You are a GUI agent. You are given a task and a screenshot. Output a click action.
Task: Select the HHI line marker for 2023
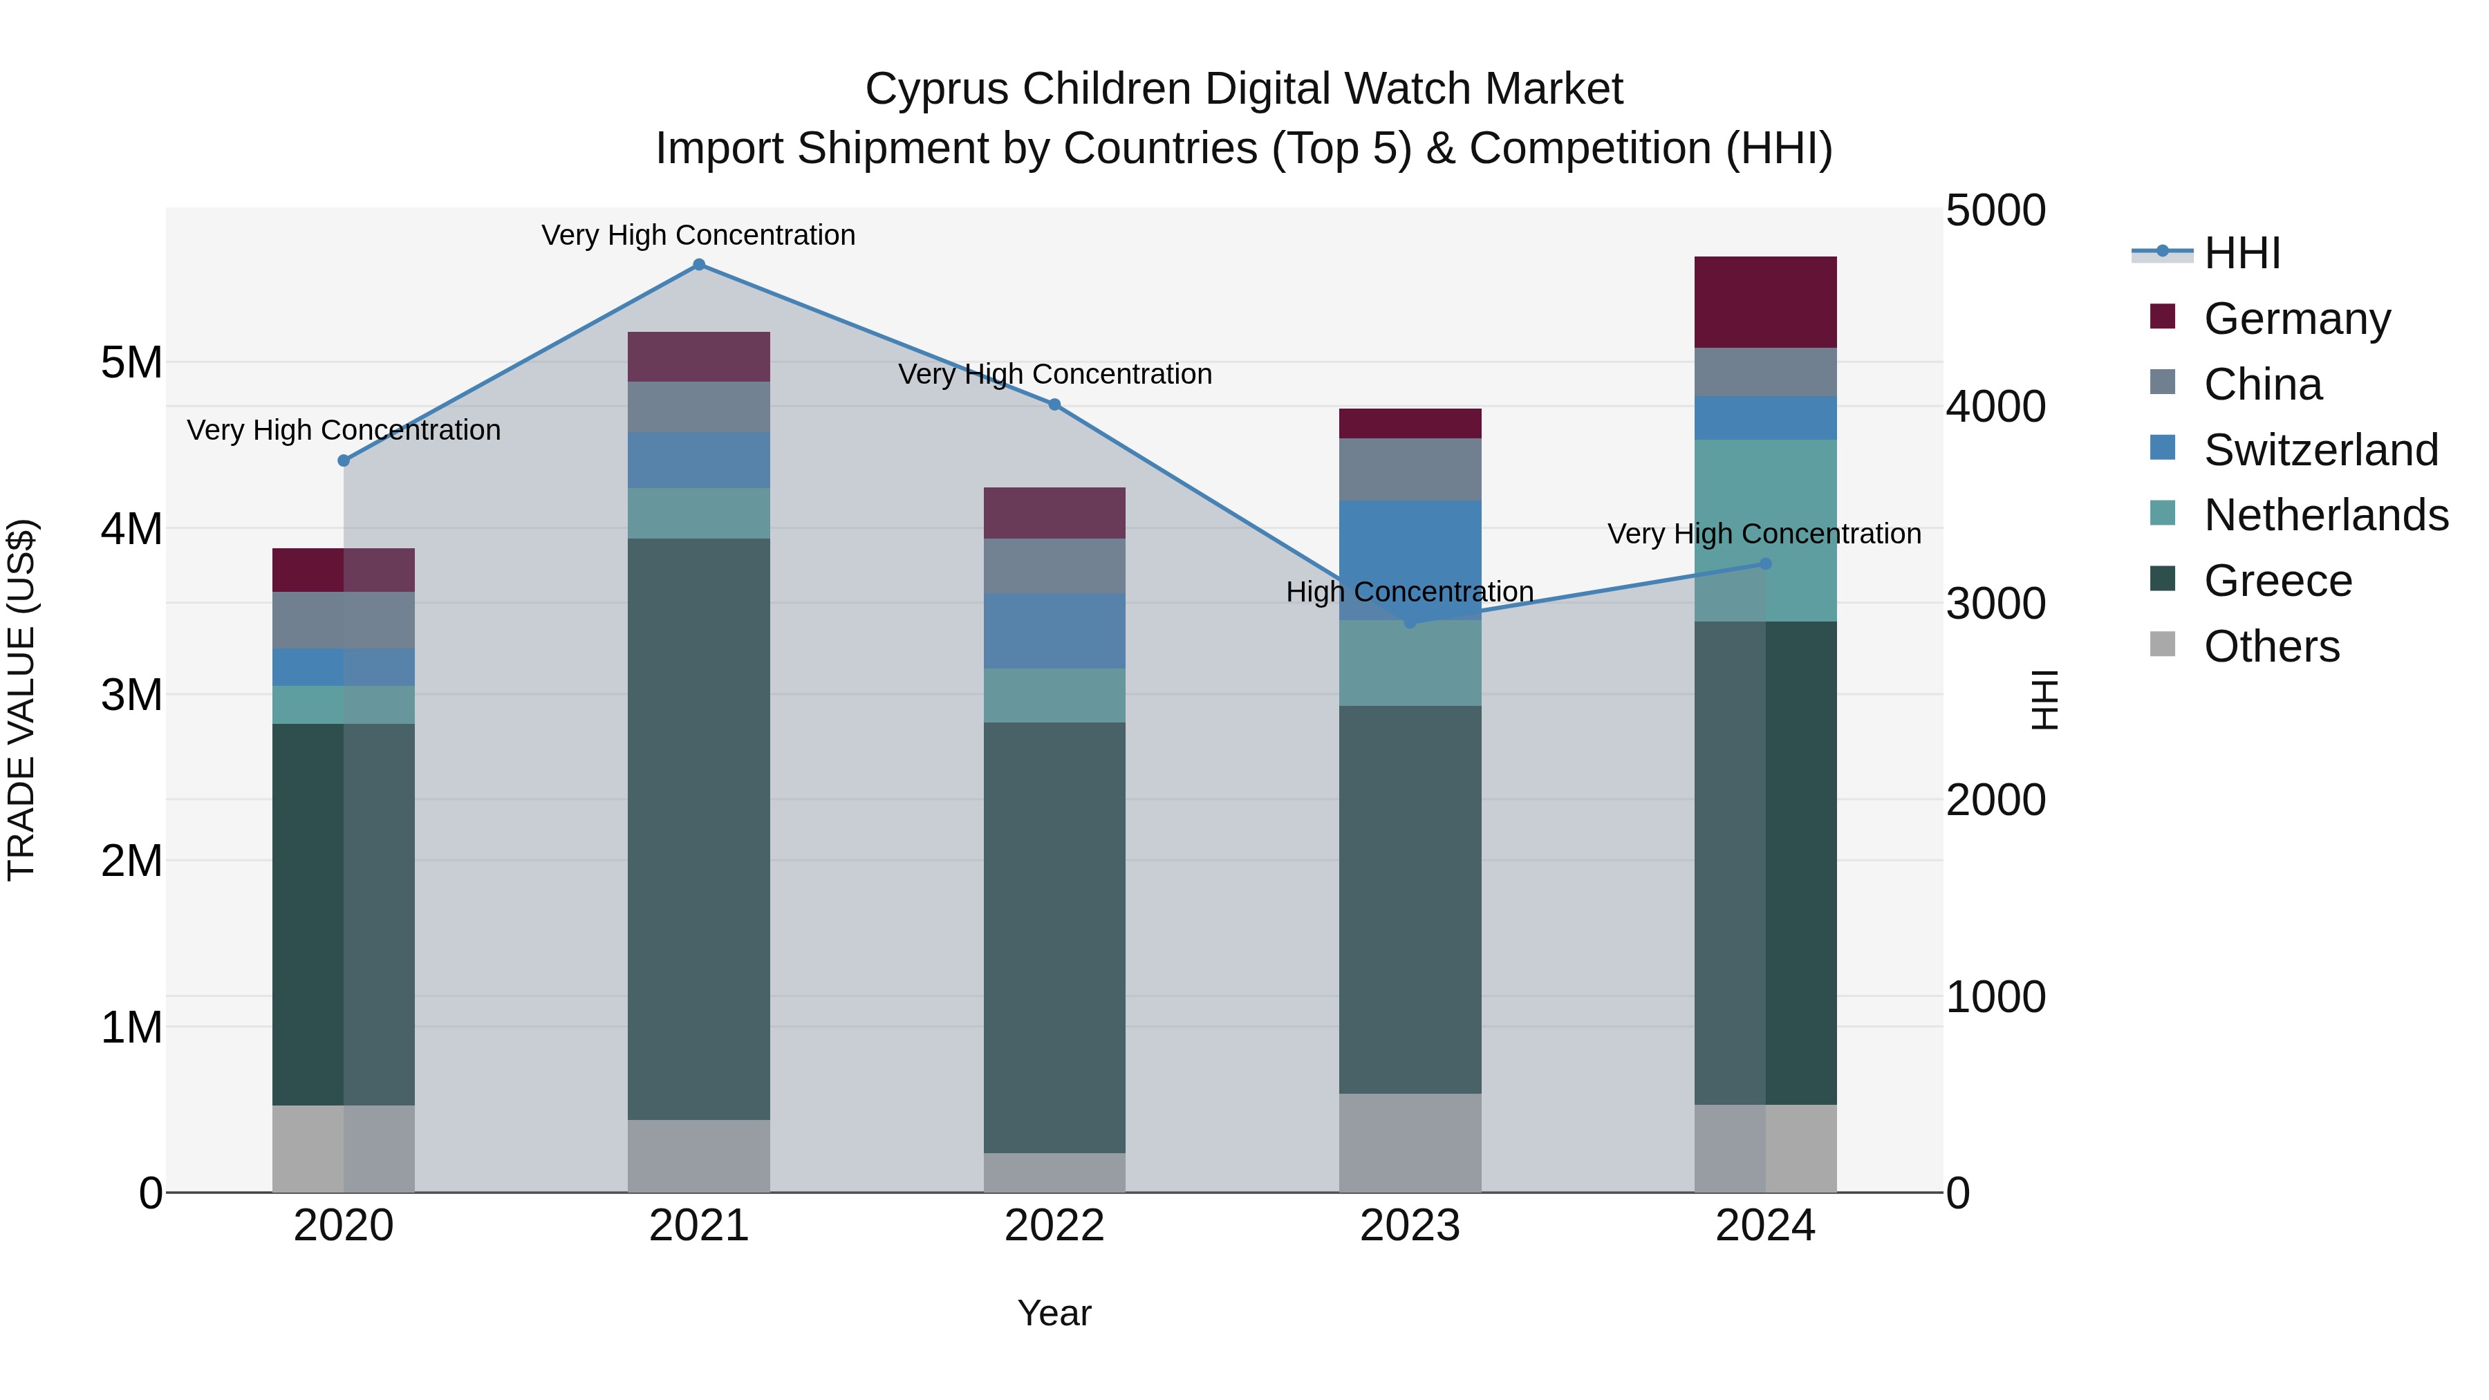[x=1410, y=622]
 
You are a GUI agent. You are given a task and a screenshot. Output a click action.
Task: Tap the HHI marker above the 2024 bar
[x=1765, y=564]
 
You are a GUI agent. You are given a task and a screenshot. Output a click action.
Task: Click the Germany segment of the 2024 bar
[x=1765, y=302]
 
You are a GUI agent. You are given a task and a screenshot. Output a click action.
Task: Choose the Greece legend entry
[x=2277, y=581]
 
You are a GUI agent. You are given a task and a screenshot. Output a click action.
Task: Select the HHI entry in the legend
[x=2241, y=253]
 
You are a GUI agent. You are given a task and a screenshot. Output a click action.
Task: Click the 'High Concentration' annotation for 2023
[x=1410, y=591]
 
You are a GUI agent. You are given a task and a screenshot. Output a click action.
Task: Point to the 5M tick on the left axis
[x=132, y=363]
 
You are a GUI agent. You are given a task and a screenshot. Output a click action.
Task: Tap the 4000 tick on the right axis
[x=1995, y=407]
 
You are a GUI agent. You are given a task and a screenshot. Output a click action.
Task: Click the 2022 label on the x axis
[x=1054, y=1226]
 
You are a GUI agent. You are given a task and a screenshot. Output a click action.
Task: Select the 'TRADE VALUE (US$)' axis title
[x=21, y=700]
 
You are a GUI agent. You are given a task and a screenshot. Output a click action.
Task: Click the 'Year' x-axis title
[x=1054, y=1313]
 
